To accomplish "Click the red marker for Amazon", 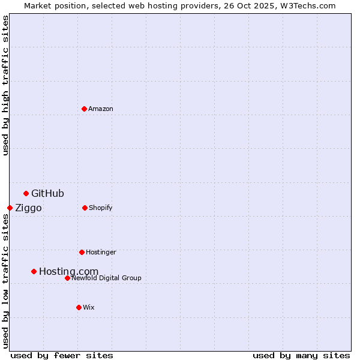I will [84, 109].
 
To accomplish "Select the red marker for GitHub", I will [26, 193].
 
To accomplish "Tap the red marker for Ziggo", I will [10, 208].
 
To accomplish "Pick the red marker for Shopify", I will [85, 208].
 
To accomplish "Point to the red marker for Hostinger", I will [82, 252].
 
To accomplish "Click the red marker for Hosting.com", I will [34, 271].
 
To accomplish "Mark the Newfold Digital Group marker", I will [67, 278].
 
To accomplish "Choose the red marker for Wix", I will [79, 307].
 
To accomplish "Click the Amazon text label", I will [101, 109].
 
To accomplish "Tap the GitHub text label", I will [47, 193].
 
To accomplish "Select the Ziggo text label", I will [28, 208].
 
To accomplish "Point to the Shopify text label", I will [101, 208].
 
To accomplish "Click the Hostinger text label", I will [101, 252].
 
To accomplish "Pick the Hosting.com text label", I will [68, 271].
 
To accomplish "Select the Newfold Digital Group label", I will [106, 278].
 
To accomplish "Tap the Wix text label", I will [89, 307].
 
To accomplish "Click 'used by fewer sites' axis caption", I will [62, 355].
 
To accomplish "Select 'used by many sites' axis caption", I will [301, 355].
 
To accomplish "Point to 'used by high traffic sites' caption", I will [5, 85].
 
